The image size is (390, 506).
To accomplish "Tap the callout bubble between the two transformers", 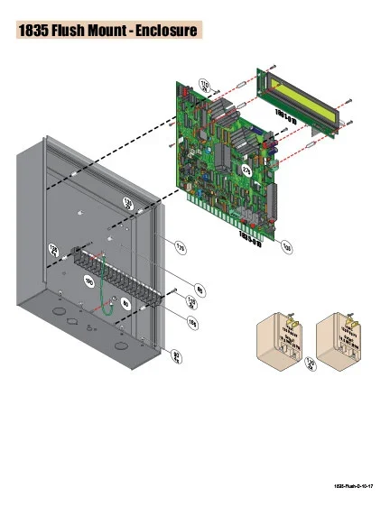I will [x=311, y=366].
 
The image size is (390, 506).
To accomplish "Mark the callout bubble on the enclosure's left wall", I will [x=52, y=249].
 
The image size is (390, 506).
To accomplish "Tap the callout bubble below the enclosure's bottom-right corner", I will [x=178, y=360].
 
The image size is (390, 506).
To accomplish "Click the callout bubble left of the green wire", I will [x=88, y=282].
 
